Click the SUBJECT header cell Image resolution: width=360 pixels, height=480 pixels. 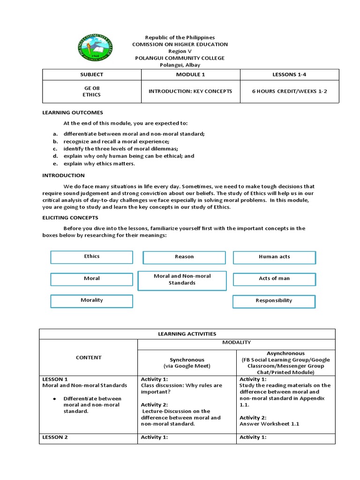pos(92,75)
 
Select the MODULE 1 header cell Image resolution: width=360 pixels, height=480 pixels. pos(190,75)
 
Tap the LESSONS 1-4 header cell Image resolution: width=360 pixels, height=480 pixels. pos(289,75)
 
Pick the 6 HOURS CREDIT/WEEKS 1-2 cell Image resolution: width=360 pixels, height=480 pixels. pos(289,91)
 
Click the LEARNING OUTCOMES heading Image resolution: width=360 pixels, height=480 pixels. pos(73,112)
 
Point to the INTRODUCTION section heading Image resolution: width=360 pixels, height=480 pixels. pos(64,175)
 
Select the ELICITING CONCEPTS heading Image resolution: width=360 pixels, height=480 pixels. pos(70,217)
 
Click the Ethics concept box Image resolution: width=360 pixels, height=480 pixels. pos(92,257)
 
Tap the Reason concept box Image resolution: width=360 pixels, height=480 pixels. pos(184,257)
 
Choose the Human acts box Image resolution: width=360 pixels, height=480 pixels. pos(274,257)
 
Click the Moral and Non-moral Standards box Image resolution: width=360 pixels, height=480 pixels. pos(182,280)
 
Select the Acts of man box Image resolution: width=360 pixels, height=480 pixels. pos(274,278)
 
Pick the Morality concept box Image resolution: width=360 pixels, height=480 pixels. pos(92,300)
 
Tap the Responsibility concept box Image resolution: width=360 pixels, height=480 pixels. pos(274,301)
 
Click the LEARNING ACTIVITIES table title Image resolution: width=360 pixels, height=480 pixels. pos(187,334)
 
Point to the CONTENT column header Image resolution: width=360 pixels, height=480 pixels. pos(89,358)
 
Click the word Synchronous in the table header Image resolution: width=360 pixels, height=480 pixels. pos(187,360)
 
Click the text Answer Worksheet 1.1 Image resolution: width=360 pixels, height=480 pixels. pos(269,424)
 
